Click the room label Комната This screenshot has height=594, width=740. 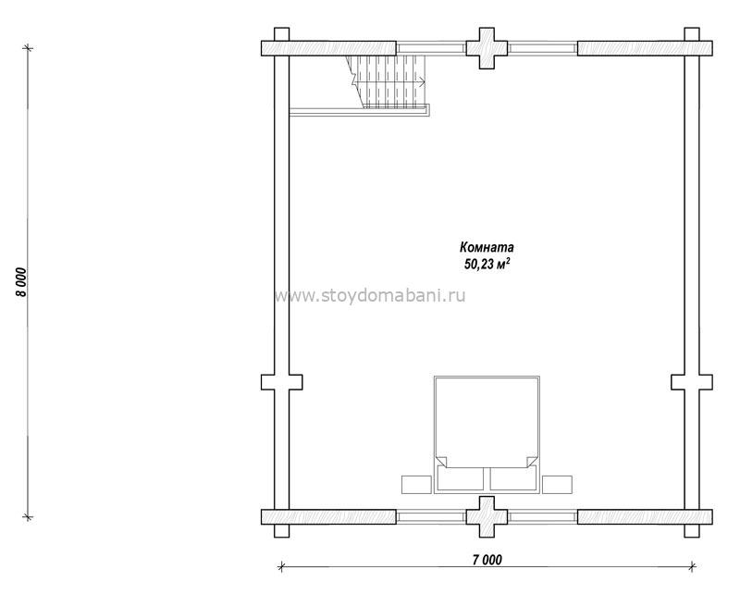(487, 247)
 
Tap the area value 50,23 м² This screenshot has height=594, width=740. (487, 264)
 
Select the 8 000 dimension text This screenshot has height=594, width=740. (22, 282)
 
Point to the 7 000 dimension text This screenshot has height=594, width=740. (487, 560)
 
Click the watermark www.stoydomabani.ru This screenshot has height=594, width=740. (370, 295)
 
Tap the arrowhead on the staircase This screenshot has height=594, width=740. (422, 82)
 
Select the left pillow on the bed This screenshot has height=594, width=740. (461, 478)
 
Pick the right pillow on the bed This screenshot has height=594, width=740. (513, 478)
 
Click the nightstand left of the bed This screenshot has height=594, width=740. (416, 485)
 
